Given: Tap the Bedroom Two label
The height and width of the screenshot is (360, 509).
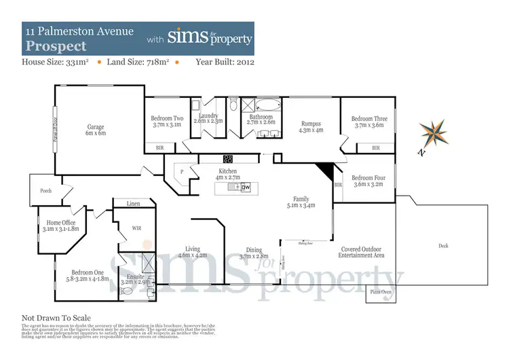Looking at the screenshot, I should tap(167, 122).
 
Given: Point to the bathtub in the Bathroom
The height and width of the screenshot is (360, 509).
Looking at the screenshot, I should tap(270, 106).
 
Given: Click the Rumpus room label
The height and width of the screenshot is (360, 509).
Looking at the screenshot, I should tap(311, 127).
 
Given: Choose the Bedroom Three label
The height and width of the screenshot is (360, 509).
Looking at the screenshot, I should tap(370, 122).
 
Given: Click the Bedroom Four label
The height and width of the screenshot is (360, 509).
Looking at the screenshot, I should tap(370, 179).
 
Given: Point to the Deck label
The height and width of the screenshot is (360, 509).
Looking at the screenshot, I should tap(444, 245).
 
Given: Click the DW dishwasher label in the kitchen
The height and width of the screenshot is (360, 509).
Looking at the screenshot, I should tap(246, 186).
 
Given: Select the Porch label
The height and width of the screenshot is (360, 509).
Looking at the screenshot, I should tap(46, 191).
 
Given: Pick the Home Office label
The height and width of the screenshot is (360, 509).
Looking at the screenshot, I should tap(60, 226).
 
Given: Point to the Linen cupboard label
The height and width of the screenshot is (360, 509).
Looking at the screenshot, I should tap(134, 203).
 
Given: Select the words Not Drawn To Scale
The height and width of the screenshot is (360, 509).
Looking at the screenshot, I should tap(56, 317).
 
